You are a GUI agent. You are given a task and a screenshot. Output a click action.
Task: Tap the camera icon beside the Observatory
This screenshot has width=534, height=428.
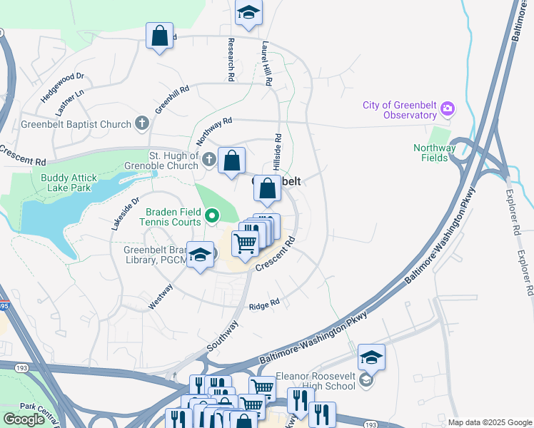tap(448, 109)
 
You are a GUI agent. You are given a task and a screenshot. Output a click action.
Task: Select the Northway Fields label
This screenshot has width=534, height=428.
tap(434, 153)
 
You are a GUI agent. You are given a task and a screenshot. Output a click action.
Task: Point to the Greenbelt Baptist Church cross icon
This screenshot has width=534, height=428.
tap(141, 124)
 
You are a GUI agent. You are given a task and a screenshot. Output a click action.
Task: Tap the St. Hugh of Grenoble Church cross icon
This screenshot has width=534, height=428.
tap(208, 160)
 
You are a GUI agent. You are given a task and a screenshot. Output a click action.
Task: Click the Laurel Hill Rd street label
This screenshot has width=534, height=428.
tap(267, 63)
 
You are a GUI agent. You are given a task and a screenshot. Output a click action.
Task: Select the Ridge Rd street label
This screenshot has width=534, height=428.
tap(263, 306)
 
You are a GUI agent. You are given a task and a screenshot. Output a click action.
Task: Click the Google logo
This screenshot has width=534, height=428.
tap(24, 419)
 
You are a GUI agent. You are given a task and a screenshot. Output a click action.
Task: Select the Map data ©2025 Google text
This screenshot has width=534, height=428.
tap(489, 422)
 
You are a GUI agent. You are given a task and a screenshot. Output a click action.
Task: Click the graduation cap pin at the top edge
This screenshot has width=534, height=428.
tap(248, 13)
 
